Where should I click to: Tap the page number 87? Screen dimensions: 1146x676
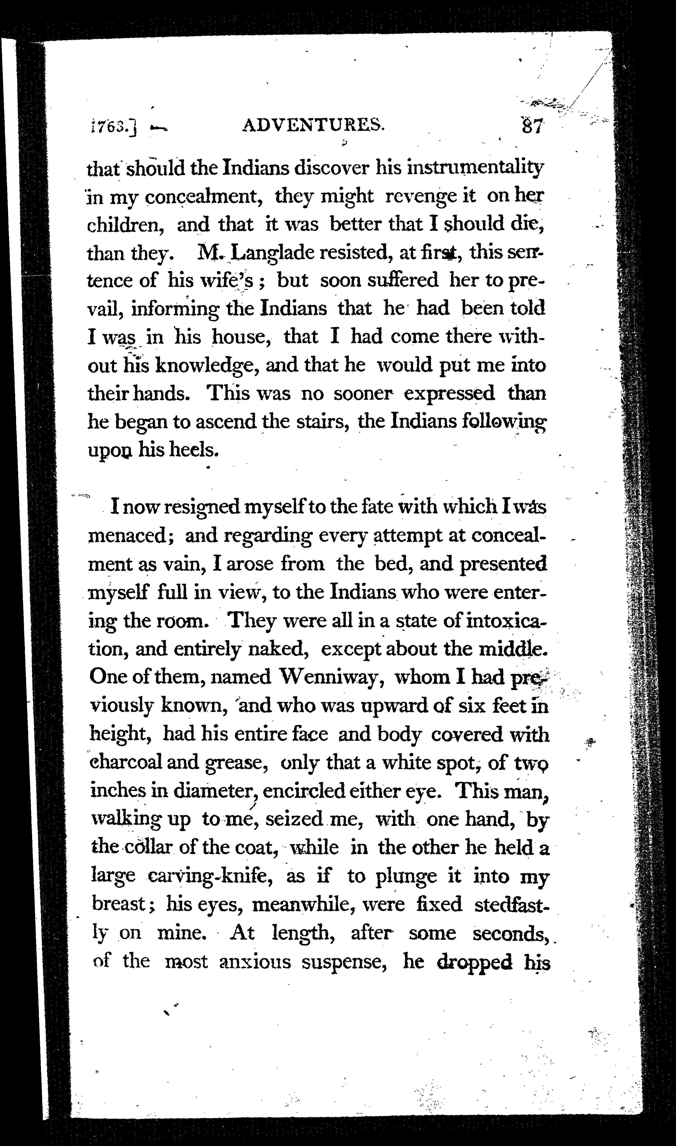pyautogui.click(x=532, y=125)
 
